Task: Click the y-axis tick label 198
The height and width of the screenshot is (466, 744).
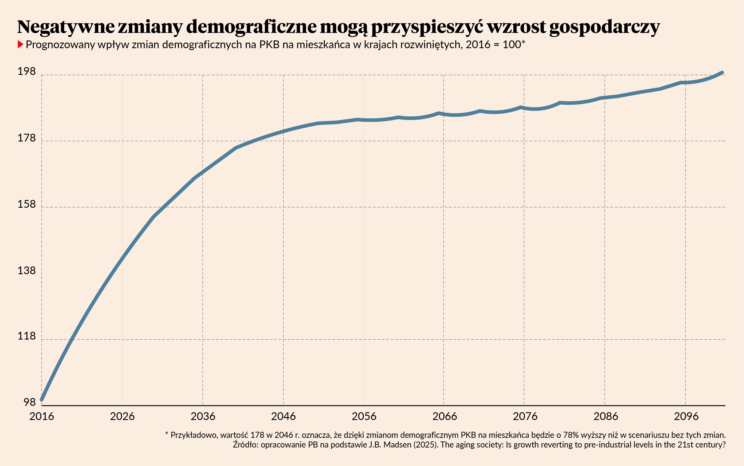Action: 26,72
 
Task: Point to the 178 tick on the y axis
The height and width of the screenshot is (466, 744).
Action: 26,138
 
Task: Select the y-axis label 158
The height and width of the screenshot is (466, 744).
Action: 26,204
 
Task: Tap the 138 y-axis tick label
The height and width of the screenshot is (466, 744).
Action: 26,270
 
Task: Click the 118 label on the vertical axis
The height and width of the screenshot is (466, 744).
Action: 26,336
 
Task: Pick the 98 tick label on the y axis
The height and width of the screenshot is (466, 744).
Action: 30,402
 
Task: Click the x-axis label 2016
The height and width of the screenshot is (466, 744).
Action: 42,416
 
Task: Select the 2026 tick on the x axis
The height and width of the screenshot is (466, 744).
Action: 122,416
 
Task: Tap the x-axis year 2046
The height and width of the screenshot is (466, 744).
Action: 283,416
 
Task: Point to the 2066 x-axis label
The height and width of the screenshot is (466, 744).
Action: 444,416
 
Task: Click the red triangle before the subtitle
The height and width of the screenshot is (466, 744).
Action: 20,45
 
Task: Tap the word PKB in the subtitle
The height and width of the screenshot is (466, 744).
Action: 269,45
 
